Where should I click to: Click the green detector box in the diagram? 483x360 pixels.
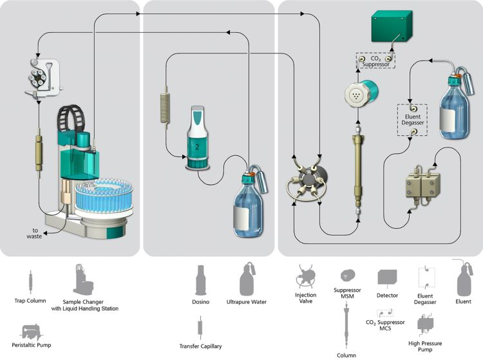pos(392,27)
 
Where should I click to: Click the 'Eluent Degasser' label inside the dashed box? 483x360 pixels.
pos(413,119)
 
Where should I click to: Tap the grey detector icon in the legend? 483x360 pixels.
pos(387,278)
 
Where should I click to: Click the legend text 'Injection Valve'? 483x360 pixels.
pos(306,299)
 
